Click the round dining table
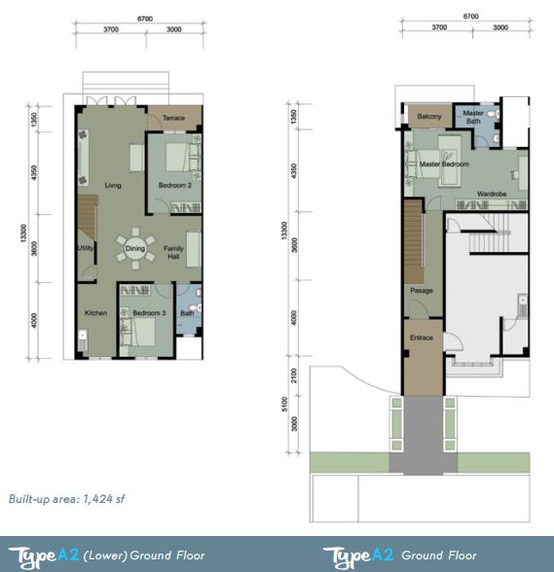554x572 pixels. click(x=135, y=248)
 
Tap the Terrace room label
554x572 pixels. click(x=173, y=118)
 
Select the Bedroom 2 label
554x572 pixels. click(x=175, y=185)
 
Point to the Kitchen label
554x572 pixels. click(x=95, y=313)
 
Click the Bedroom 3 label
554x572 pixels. click(x=149, y=313)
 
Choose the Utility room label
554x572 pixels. click(x=86, y=248)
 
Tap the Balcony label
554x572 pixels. click(x=429, y=117)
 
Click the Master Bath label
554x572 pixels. click(x=473, y=117)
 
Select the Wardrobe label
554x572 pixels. click(x=492, y=195)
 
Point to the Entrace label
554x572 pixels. click(x=422, y=338)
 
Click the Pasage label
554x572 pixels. click(x=422, y=291)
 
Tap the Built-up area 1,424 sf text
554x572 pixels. click(x=66, y=499)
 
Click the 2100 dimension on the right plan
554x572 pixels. click(x=294, y=375)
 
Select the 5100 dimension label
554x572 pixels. click(x=285, y=405)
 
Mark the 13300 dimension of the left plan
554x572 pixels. click(x=23, y=233)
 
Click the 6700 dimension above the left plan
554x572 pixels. click(x=145, y=18)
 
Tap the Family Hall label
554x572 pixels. click(x=173, y=253)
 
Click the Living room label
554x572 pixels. click(x=113, y=185)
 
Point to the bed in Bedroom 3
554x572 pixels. click(x=138, y=333)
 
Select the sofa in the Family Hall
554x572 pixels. click(x=194, y=249)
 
